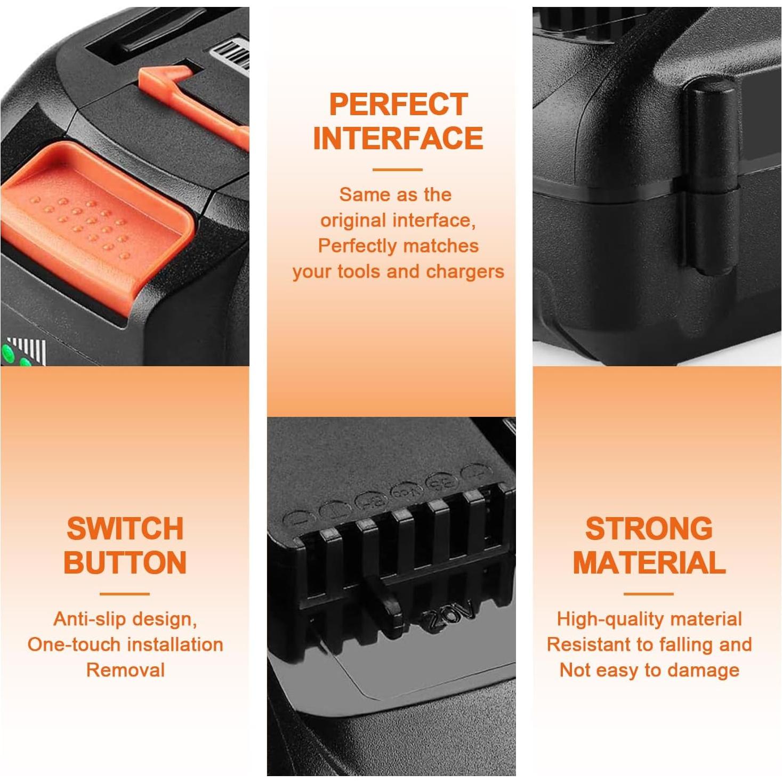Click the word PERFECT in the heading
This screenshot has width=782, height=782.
click(398, 104)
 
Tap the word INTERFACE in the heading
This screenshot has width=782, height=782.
click(398, 139)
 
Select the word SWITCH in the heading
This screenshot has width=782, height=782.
click(125, 529)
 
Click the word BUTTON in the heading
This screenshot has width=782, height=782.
click(125, 563)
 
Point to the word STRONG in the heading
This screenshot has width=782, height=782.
click(649, 529)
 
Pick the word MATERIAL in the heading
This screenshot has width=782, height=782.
click(649, 563)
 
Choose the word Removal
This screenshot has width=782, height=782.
click(125, 670)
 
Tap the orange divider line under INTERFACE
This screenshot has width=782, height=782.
click(397, 170)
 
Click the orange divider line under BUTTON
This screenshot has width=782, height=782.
click(125, 593)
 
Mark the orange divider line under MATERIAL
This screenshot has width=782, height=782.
click(648, 593)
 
